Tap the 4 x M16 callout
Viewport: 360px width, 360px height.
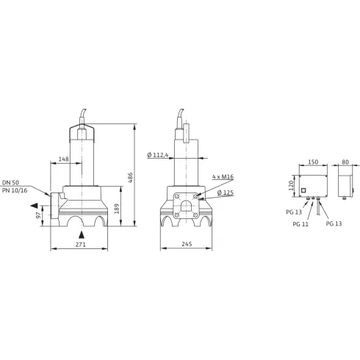pyautogui.click(x=223, y=178)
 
